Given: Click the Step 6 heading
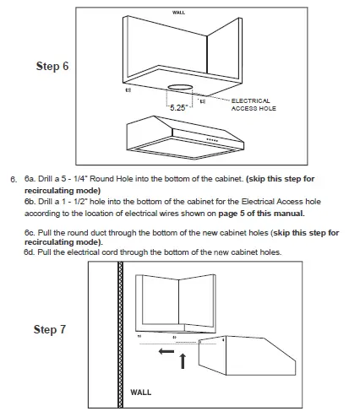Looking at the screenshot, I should point(52,66).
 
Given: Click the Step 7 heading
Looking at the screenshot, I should point(50,329).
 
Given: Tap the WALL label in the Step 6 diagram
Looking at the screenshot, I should point(178,14).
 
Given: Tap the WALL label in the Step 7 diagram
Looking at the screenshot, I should point(141,393).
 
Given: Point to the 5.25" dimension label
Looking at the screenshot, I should point(177,108).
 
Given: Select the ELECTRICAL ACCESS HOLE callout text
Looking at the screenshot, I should point(253,104).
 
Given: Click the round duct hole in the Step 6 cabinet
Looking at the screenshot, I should point(178,88).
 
